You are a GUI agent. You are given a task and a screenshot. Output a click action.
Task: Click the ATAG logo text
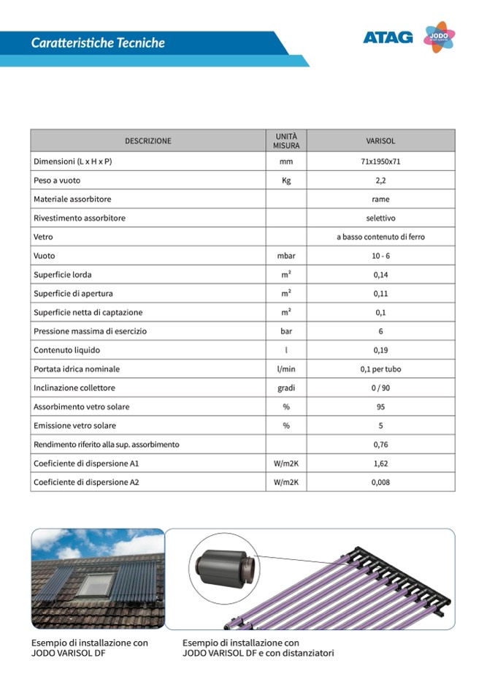click(x=388, y=37)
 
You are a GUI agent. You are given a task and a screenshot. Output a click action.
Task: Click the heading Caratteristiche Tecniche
click(x=98, y=43)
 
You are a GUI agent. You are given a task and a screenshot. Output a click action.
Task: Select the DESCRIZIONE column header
click(x=148, y=140)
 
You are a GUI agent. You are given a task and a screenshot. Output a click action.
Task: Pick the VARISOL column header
click(x=380, y=140)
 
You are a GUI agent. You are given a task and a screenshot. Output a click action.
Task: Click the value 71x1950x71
click(x=380, y=162)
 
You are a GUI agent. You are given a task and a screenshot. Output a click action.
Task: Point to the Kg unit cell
click(x=286, y=181)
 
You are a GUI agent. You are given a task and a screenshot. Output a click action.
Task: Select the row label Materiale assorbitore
click(x=72, y=199)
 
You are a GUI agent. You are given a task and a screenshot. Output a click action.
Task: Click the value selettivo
click(x=380, y=218)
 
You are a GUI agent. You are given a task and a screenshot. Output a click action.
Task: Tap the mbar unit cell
click(x=286, y=256)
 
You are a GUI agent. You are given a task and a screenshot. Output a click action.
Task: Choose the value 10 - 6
click(x=380, y=256)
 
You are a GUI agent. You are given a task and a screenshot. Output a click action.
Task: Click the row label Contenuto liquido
click(x=66, y=350)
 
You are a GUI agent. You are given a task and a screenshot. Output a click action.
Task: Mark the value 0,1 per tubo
click(x=380, y=369)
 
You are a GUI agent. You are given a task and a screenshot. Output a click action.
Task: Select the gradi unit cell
click(x=286, y=388)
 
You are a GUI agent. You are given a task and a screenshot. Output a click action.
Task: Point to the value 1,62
click(x=380, y=463)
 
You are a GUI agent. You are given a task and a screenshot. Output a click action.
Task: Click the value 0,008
click(x=380, y=482)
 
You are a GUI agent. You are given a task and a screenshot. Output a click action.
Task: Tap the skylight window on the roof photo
click(x=96, y=584)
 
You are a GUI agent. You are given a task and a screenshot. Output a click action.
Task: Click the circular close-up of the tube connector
click(x=223, y=568)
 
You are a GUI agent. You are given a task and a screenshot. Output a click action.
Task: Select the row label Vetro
click(x=43, y=237)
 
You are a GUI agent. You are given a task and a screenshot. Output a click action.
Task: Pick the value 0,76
click(x=380, y=444)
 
